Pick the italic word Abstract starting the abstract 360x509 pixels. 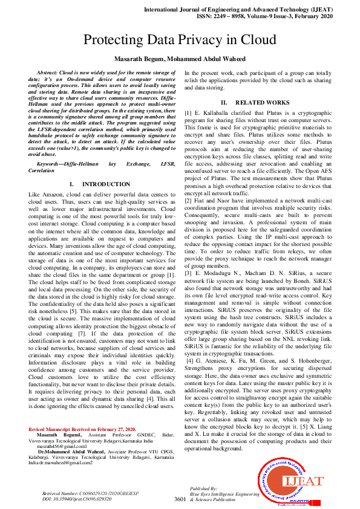50,72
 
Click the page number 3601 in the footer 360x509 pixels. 180,500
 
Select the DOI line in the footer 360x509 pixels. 76,499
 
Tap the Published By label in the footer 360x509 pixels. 203,488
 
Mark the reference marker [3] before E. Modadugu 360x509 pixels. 189,272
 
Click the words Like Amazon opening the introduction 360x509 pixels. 49,193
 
